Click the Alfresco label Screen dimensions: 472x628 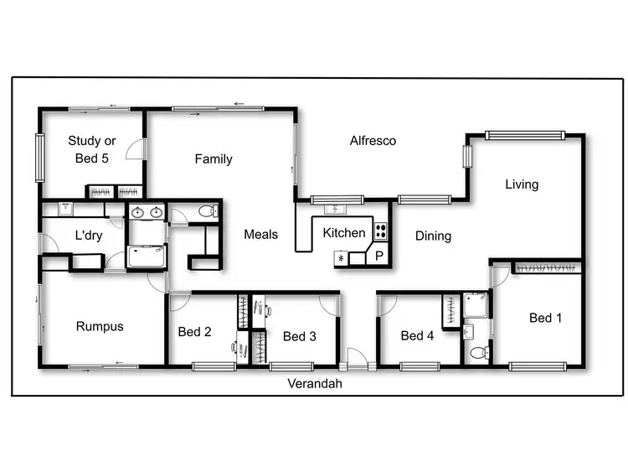coord(373,141)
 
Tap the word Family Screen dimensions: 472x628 coord(214,159)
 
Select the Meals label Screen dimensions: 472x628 coord(260,235)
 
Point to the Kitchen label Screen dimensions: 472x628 coord(344,233)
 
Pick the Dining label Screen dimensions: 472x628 coord(433,236)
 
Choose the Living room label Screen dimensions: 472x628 coord(522,184)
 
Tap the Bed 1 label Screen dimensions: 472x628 coord(546,318)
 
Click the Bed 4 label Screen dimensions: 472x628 coord(417,336)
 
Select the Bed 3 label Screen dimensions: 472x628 coord(299,337)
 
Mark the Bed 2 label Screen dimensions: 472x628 coord(194,332)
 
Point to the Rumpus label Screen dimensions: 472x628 coord(100,327)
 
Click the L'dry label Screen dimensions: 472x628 coord(89,236)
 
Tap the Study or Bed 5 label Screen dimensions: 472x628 coord(92,149)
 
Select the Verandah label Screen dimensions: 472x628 coord(315,384)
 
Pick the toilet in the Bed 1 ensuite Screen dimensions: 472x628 coord(477,353)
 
